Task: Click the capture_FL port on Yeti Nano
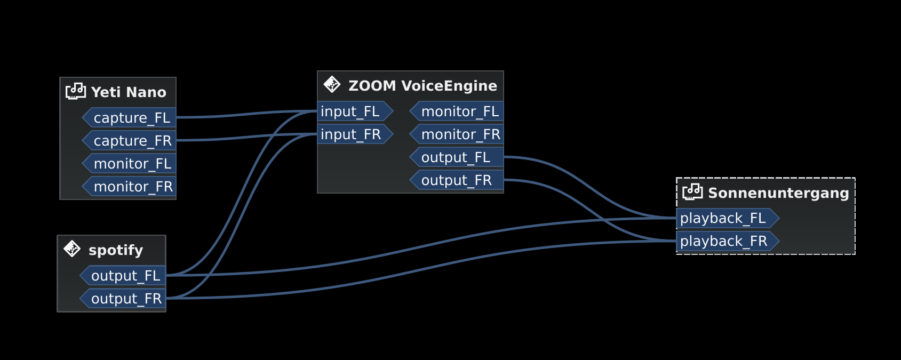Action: (x=131, y=118)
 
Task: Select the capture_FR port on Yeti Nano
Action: (x=131, y=141)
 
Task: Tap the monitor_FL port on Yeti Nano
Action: (x=131, y=164)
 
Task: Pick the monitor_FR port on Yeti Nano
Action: (x=131, y=187)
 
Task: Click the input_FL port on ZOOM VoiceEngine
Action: (x=352, y=111)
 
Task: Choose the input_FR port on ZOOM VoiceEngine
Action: (x=352, y=134)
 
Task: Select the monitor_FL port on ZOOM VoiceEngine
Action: (x=459, y=111)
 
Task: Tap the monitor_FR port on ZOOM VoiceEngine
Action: (x=459, y=134)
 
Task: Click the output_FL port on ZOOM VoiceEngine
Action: (x=459, y=157)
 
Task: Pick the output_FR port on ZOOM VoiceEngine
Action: (x=459, y=180)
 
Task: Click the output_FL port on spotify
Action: (x=125, y=276)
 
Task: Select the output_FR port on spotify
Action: (x=125, y=299)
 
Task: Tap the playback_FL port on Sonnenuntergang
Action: (x=725, y=218)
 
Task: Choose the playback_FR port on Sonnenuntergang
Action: (x=725, y=241)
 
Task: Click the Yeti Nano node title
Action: (x=129, y=92)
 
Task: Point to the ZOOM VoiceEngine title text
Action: (x=422, y=86)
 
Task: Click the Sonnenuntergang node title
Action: (x=778, y=193)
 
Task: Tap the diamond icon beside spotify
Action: (x=72, y=249)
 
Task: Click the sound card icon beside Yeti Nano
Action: (x=76, y=91)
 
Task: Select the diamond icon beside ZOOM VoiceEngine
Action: (x=332, y=84)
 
